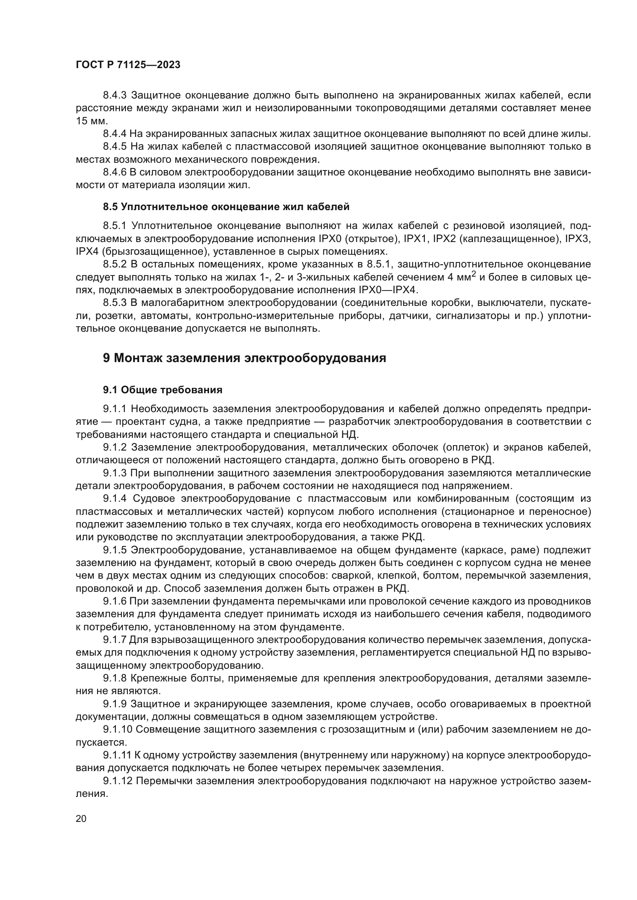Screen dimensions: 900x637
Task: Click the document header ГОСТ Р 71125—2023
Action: (x=128, y=65)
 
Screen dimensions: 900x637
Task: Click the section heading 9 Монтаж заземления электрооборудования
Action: (x=245, y=358)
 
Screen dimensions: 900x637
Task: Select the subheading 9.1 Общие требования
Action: (x=163, y=390)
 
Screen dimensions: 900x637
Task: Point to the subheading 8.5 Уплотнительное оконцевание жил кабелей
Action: (x=226, y=206)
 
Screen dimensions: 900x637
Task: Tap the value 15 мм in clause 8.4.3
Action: (x=91, y=121)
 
